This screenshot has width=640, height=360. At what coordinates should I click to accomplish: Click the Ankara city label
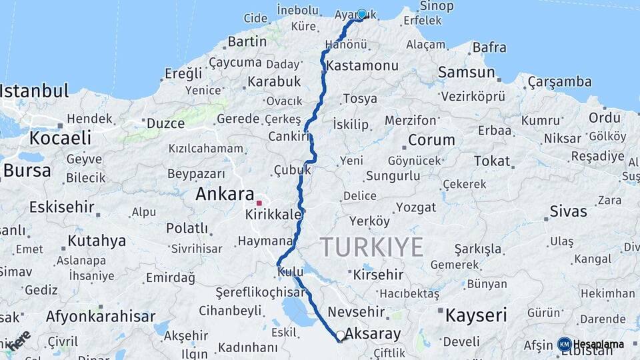[225, 194]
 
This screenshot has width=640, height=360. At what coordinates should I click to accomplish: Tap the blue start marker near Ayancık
[362, 14]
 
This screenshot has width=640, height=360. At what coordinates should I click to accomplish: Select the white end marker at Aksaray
[341, 335]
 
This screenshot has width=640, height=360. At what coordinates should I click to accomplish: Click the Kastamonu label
[363, 66]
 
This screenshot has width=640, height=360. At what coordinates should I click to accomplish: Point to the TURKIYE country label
[371, 247]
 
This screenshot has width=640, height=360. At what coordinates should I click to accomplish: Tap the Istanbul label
[35, 91]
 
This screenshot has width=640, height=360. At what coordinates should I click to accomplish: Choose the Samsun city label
[467, 72]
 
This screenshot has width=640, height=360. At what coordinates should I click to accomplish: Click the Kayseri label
[476, 315]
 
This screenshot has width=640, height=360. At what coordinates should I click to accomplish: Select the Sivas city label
[568, 211]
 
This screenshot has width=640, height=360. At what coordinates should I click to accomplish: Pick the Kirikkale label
[274, 215]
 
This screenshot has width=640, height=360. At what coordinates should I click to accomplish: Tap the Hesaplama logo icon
[565, 345]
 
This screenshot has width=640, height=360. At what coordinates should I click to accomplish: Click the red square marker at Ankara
[259, 203]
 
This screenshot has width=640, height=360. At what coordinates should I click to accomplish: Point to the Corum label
[431, 140]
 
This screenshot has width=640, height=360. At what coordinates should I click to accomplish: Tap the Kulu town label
[291, 271]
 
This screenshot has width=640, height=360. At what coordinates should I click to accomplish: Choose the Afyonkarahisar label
[101, 317]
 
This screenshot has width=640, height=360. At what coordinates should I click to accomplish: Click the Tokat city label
[492, 161]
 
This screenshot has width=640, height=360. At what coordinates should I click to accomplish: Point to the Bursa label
[27, 170]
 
